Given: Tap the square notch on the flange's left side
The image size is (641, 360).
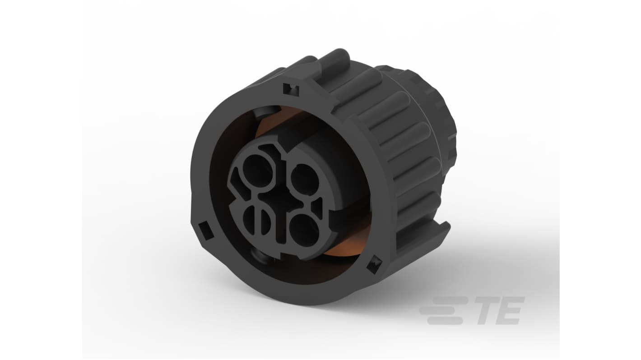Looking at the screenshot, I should coord(209,232).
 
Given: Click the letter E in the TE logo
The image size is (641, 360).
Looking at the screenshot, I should coord(512,310).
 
